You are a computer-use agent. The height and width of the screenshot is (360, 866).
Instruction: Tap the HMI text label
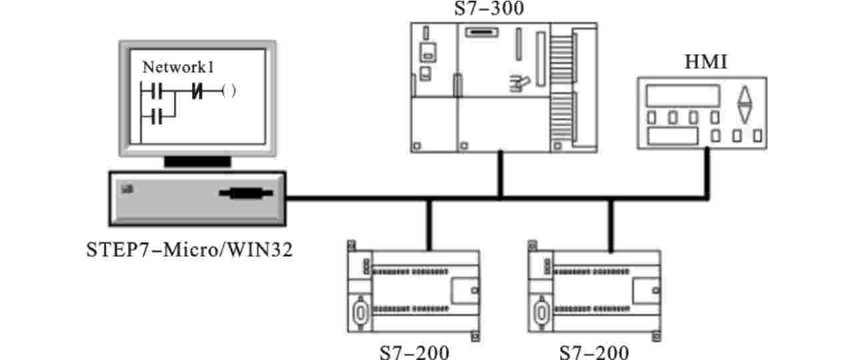705,63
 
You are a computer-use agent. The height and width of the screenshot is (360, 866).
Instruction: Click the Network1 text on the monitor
178,67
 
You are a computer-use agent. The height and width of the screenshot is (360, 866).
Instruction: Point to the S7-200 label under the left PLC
415,351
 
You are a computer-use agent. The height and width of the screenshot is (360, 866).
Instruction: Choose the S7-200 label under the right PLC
594,351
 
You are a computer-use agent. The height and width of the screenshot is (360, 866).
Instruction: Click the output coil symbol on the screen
229,89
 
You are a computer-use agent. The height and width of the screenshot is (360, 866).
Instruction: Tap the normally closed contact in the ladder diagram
197,89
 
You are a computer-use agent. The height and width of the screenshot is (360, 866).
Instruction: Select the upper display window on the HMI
683,96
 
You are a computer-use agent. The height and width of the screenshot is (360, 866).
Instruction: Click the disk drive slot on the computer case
246,193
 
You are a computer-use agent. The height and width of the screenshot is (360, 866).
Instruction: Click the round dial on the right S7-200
540,311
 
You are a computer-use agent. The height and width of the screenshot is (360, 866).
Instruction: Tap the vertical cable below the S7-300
499,174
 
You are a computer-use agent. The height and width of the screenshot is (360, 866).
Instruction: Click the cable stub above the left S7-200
429,224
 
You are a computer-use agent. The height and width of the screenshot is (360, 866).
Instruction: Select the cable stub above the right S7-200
609,224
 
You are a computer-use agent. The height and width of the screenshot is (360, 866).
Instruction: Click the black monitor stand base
197,161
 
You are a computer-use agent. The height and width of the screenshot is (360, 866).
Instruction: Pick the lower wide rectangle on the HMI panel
673,136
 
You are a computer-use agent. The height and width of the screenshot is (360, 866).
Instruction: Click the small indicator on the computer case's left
127,189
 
